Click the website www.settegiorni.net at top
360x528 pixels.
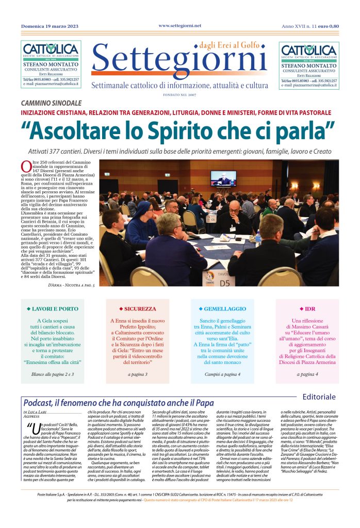click(179, 25)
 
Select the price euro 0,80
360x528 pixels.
click(329, 26)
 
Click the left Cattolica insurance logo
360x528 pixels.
click(51, 51)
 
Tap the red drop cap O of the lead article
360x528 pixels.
click(26, 166)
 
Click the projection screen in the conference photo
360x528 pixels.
click(223, 178)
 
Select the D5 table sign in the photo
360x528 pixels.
click(224, 283)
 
